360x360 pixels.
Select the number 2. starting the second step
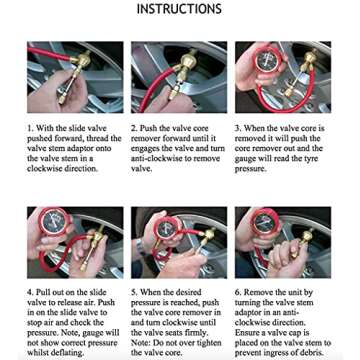134,129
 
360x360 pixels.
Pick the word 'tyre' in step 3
317,156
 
